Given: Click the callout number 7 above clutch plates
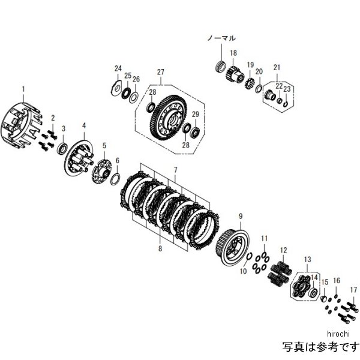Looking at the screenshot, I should click(175, 171).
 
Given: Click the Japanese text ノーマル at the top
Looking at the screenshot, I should click(221, 38).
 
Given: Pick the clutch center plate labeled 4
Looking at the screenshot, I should click(79, 157).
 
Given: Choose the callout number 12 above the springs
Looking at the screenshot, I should click(283, 250).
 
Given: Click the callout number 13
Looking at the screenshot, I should click(308, 259).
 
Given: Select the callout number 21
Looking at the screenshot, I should click(277, 67).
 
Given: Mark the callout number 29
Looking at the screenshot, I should click(196, 114).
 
